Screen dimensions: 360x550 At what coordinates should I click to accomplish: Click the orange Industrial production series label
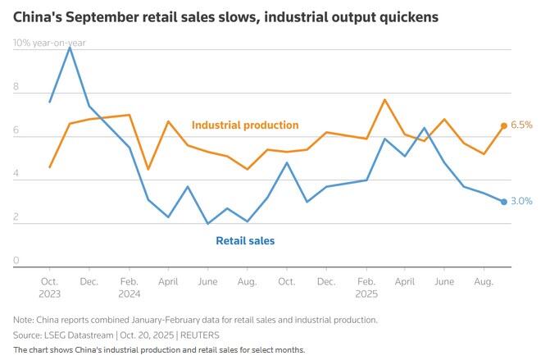pyautogui.click(x=245, y=125)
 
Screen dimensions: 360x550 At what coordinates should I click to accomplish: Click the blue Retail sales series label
pyautogui.click(x=245, y=241)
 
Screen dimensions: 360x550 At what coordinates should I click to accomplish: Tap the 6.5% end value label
pyautogui.click(x=522, y=125)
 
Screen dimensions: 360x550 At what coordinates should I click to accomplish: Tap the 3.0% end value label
pyautogui.click(x=522, y=201)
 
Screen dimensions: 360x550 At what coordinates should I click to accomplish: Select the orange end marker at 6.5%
pyautogui.click(x=504, y=125)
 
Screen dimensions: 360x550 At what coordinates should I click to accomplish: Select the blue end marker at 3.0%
pyautogui.click(x=504, y=202)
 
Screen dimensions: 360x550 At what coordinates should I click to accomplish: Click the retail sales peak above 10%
pyautogui.click(x=70, y=48)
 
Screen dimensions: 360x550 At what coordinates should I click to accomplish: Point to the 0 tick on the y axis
pyautogui.click(x=16, y=261)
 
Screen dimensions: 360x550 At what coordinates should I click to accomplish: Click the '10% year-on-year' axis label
pyautogui.click(x=49, y=43)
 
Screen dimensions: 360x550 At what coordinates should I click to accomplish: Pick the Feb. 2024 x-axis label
pyautogui.click(x=129, y=286)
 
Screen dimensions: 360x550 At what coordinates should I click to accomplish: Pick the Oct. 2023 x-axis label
pyautogui.click(x=49, y=286)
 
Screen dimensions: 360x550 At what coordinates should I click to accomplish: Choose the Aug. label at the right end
pyautogui.click(x=483, y=280)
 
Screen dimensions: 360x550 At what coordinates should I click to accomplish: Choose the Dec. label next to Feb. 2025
pyautogui.click(x=325, y=280)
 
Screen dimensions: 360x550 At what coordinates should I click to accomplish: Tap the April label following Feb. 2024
pyautogui.click(x=167, y=280)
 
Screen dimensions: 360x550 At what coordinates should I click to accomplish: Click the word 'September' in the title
pyautogui.click(x=110, y=16)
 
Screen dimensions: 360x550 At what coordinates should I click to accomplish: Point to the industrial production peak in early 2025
pyautogui.click(x=385, y=100)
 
